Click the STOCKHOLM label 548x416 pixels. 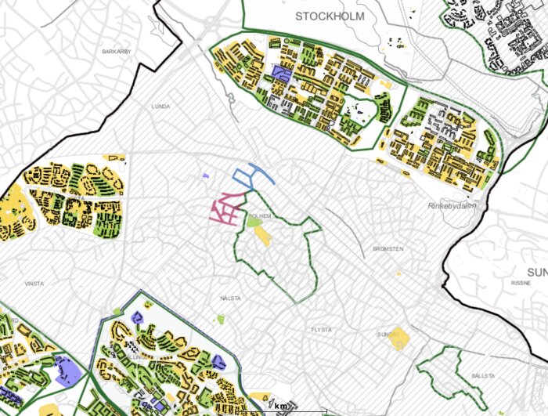tap(330, 16)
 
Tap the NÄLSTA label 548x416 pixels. tap(231, 298)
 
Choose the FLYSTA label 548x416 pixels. tap(322, 330)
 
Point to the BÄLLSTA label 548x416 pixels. tap(484, 376)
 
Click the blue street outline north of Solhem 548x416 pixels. tap(252, 175)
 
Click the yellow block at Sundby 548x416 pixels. tap(399, 338)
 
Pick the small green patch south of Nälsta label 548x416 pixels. tap(222, 318)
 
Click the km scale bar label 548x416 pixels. tap(281, 406)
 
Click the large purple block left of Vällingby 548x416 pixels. tap(67, 370)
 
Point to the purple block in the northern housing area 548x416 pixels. tap(280, 74)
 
